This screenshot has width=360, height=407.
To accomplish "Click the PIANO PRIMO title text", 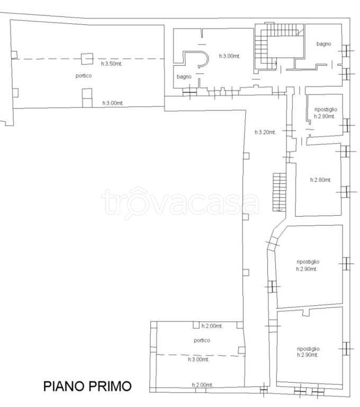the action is click(87, 386).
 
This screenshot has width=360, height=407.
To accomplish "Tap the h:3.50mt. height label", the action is click(112, 64).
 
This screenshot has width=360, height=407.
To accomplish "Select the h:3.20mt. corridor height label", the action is click(265, 132).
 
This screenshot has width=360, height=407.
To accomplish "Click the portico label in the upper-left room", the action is click(84, 76).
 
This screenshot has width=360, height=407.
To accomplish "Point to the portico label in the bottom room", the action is click(202, 340).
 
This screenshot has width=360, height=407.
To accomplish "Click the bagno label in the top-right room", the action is click(323, 44).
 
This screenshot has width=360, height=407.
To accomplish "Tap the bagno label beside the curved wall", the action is click(184, 76).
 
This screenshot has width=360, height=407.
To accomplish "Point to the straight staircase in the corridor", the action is click(280, 192).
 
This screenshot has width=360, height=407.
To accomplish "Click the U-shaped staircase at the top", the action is click(279, 46).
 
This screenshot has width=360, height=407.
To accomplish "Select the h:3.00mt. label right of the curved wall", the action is click(230, 56).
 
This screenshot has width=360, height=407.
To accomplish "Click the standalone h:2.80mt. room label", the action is click(321, 180).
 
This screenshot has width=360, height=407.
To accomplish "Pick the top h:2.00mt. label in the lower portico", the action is click(212, 326).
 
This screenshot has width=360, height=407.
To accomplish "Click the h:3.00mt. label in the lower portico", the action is click(199, 359).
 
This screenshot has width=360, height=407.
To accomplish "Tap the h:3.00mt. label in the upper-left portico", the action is click(113, 103).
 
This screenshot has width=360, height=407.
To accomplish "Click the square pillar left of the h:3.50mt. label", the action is click(87, 59).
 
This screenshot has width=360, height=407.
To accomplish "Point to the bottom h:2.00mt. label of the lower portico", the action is click(202, 385).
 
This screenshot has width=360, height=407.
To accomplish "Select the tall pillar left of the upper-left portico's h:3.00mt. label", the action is click(87, 98).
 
